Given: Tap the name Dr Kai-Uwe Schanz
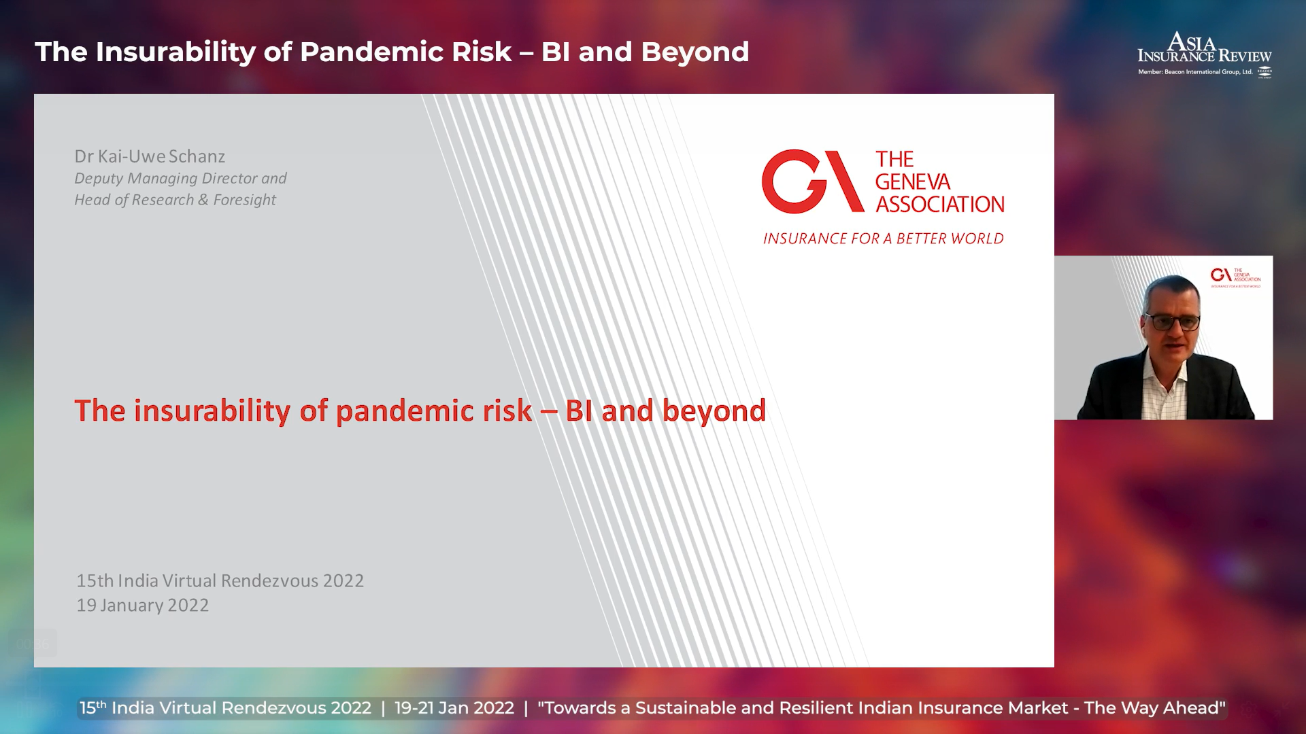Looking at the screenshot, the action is [150, 156].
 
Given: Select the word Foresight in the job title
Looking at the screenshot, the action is [245, 200].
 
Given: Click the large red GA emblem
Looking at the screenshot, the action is [812, 181].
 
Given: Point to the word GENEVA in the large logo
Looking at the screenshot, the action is [912, 182].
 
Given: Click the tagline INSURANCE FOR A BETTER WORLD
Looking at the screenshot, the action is [883, 239].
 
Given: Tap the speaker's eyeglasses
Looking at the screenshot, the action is [1172, 321].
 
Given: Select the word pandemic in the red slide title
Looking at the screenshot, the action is [434, 412].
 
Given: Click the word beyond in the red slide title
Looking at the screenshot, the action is [714, 412].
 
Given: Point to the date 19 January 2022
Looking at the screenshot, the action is [143, 606].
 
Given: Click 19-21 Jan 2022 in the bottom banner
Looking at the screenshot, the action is [454, 708].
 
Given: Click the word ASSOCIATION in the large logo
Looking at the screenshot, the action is [940, 205].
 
